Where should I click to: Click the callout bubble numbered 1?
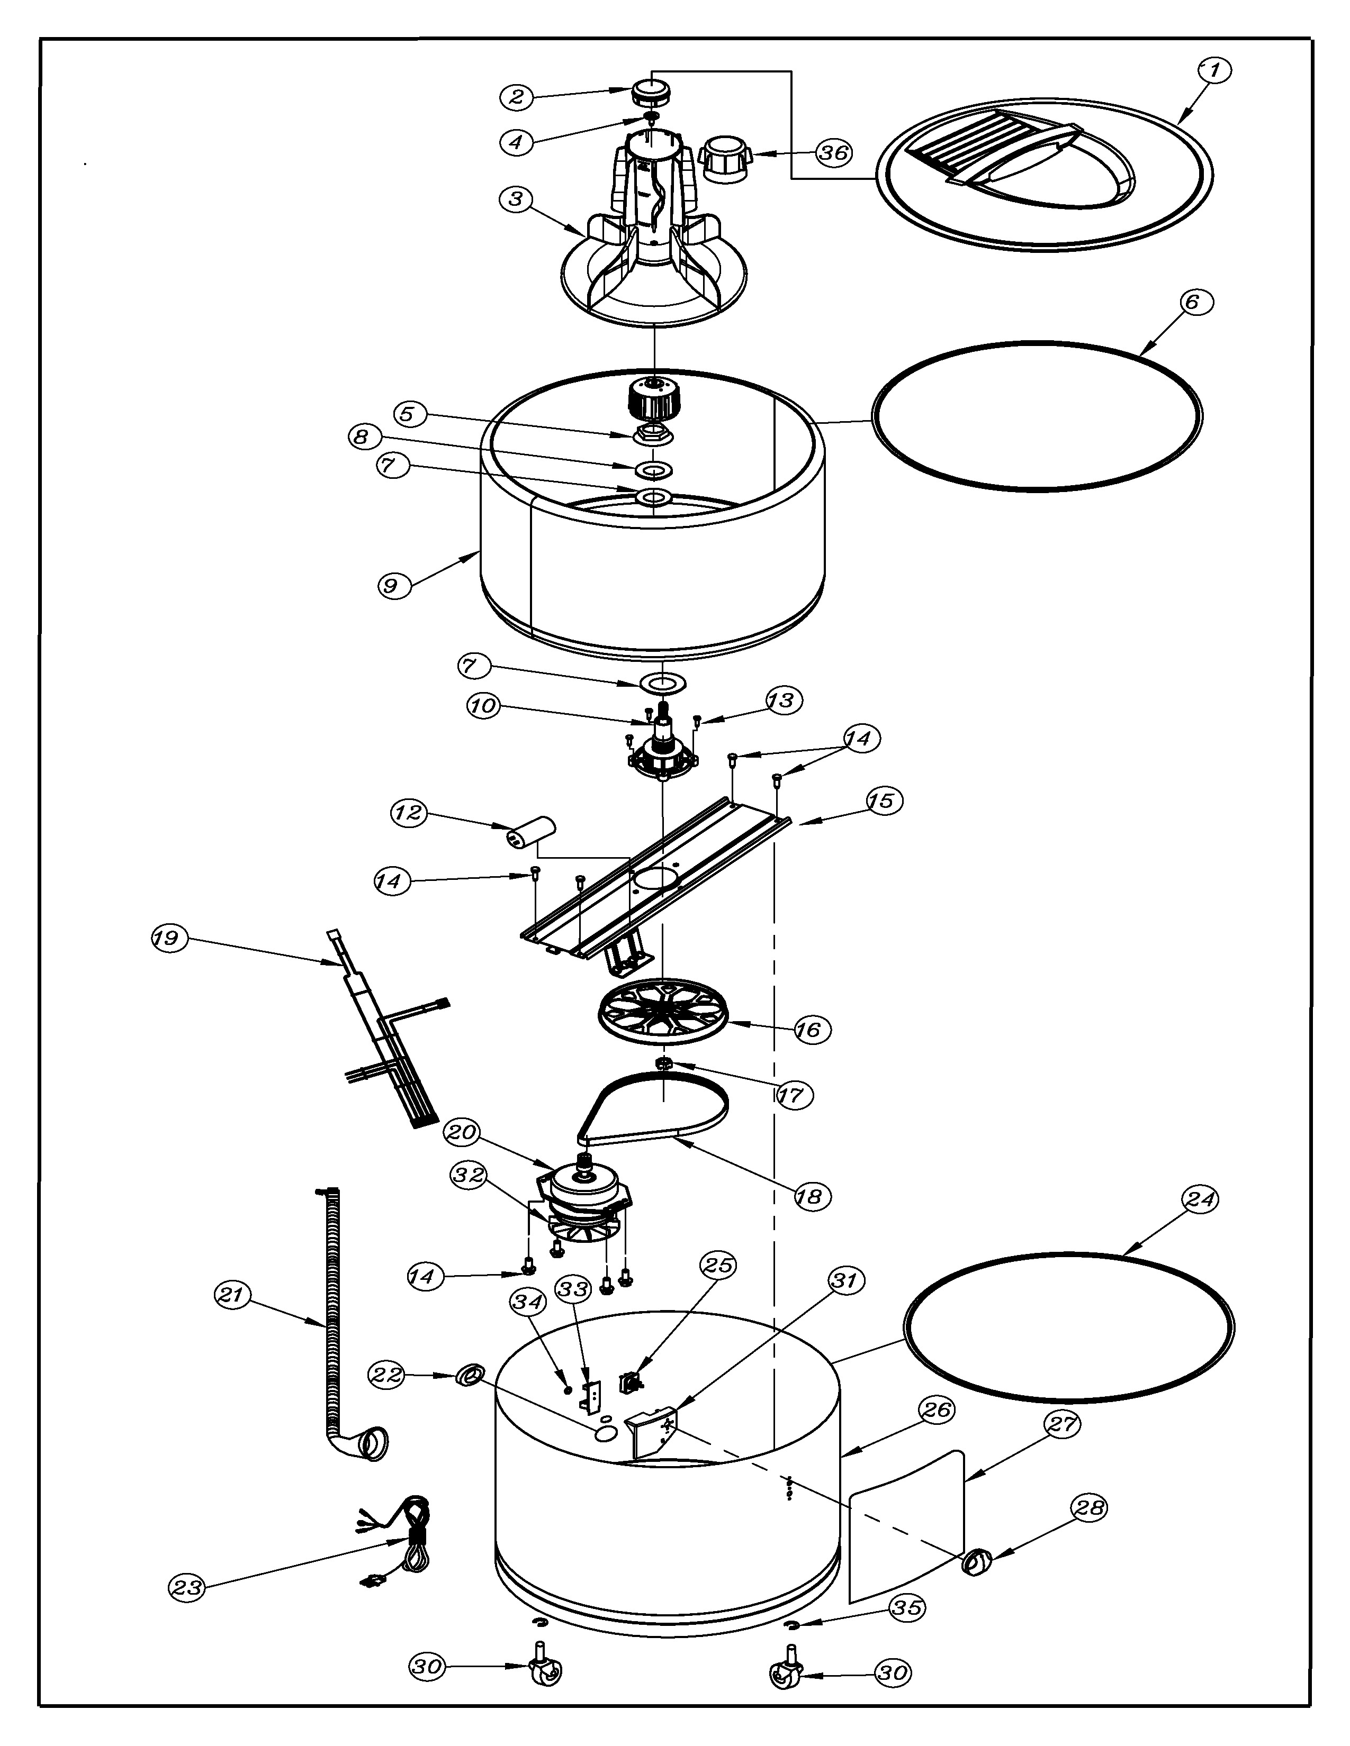pyautogui.click(x=1214, y=71)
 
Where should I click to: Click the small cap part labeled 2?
pyautogui.click(x=650, y=93)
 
